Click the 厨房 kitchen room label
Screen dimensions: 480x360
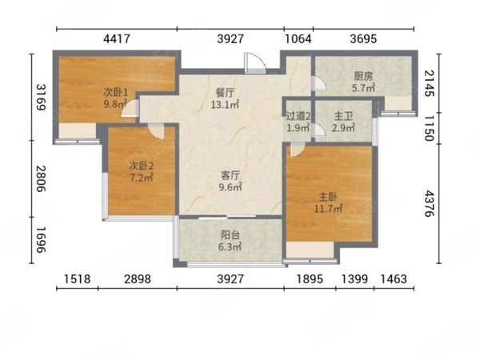point(363,76)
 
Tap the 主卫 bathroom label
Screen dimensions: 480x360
point(343,116)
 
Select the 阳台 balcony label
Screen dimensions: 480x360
point(230,235)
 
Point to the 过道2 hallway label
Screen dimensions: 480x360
point(298,116)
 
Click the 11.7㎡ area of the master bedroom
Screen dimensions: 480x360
point(328,209)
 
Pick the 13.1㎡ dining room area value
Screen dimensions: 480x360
point(225,105)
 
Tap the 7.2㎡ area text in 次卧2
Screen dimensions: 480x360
point(141,178)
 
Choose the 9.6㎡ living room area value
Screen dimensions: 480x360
point(230,186)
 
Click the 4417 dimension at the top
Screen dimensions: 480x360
point(117,39)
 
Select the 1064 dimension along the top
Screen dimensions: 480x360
point(298,39)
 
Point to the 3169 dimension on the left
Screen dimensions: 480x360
point(42,97)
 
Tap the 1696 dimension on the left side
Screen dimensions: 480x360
point(42,240)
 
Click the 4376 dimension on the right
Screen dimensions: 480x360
point(429,203)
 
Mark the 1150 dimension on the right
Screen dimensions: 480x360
point(429,128)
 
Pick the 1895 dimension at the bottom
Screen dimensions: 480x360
point(310,279)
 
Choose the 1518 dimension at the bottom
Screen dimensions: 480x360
point(77,279)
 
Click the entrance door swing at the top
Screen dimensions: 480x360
point(254,63)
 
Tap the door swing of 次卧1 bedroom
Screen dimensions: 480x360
point(130,108)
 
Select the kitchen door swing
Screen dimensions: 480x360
point(319,82)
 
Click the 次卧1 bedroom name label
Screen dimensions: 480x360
point(115,91)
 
